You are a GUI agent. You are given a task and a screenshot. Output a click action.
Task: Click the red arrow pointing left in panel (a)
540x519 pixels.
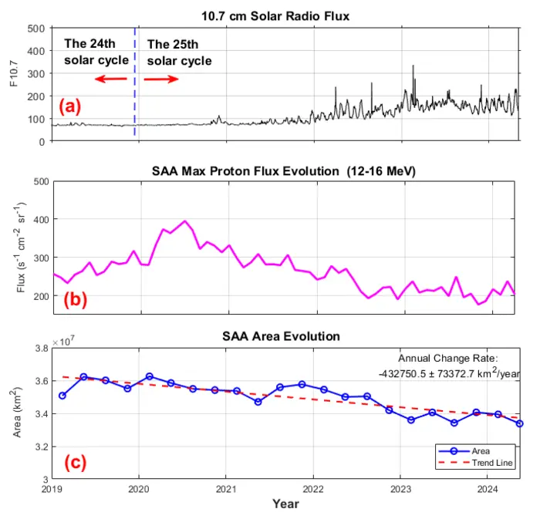[111, 79]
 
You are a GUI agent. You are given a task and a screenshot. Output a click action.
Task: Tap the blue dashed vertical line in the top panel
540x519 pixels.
[135, 100]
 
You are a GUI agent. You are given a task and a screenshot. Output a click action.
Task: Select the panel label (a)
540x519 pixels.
[74, 106]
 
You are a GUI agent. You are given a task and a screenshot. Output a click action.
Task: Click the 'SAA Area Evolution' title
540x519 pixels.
[285, 337]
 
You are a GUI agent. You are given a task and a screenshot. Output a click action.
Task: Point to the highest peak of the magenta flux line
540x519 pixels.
[184, 221]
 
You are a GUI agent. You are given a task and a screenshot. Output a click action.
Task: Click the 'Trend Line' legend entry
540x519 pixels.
[493, 463]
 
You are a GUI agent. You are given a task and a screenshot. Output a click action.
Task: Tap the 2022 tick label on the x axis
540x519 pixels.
[313, 489]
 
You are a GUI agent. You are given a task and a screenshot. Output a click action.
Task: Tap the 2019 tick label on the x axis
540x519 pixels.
[52, 489]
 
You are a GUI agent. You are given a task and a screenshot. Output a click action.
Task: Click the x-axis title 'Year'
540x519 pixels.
[285, 504]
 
